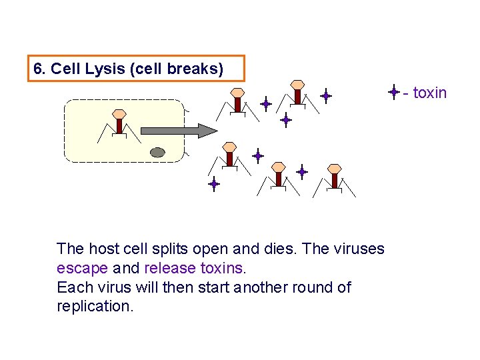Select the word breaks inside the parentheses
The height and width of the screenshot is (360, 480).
[200, 69]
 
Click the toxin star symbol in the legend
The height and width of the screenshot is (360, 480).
[394, 92]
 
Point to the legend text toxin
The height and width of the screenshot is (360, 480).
[429, 93]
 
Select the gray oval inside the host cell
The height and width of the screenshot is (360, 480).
[157, 152]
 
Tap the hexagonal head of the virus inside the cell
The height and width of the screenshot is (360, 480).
[119, 114]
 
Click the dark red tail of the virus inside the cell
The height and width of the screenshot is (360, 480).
[119, 126]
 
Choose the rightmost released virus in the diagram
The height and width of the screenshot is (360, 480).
[333, 177]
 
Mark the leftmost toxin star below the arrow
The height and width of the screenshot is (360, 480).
[213, 183]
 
